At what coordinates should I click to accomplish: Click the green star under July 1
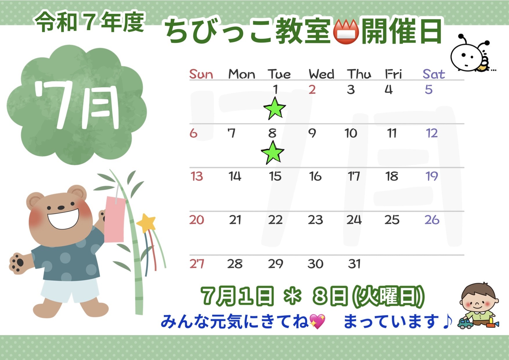[275, 108]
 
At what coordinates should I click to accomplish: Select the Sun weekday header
[201, 74]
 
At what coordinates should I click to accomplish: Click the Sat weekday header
[434, 74]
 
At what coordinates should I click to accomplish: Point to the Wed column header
[322, 74]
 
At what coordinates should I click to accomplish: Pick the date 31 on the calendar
[354, 264]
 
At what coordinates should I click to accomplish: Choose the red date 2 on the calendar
[312, 90]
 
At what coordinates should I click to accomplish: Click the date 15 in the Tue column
[275, 176]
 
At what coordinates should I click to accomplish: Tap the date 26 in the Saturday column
[432, 220]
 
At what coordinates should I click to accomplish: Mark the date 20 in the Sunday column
[197, 220]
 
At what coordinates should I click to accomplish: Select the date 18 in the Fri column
[392, 176]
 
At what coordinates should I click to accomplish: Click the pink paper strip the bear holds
[115, 219]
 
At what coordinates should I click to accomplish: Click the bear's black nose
[61, 207]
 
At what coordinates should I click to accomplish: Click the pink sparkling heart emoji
[317, 321]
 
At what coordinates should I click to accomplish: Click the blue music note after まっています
[447, 321]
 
